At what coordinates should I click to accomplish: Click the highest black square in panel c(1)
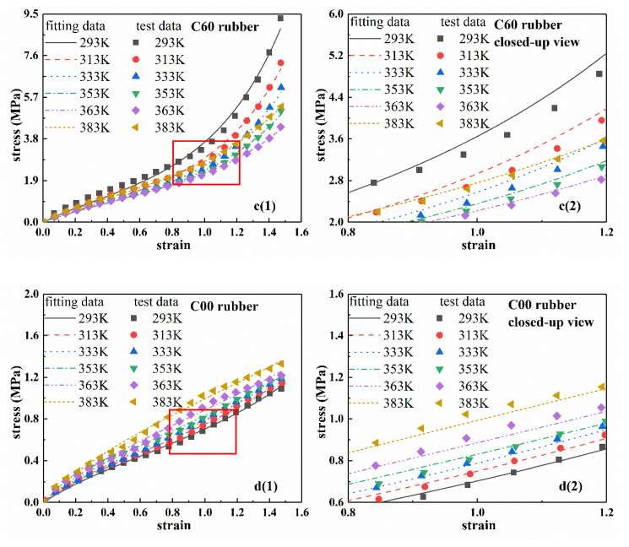[x=280, y=18]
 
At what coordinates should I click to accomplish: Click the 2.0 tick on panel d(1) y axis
[x=26, y=294]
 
